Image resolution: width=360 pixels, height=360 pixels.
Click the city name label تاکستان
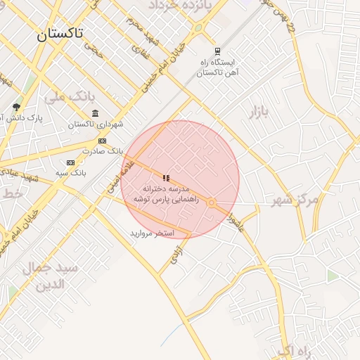60,33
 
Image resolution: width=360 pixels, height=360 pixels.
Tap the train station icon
217,51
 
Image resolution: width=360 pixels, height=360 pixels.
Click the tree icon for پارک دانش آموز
15,107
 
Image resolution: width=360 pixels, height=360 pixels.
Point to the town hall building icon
96,113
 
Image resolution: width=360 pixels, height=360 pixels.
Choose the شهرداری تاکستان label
96,124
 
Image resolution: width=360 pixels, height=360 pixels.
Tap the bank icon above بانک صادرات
103,141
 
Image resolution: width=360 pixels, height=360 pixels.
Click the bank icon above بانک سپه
70,162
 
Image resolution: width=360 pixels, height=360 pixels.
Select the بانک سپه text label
70,172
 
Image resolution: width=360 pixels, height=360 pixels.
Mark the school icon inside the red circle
166,179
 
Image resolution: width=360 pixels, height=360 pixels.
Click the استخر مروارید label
151,233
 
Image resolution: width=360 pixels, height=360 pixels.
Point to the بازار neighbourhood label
259,112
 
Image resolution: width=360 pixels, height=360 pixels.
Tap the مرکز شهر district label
295,200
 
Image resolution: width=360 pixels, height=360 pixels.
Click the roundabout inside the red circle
211,202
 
